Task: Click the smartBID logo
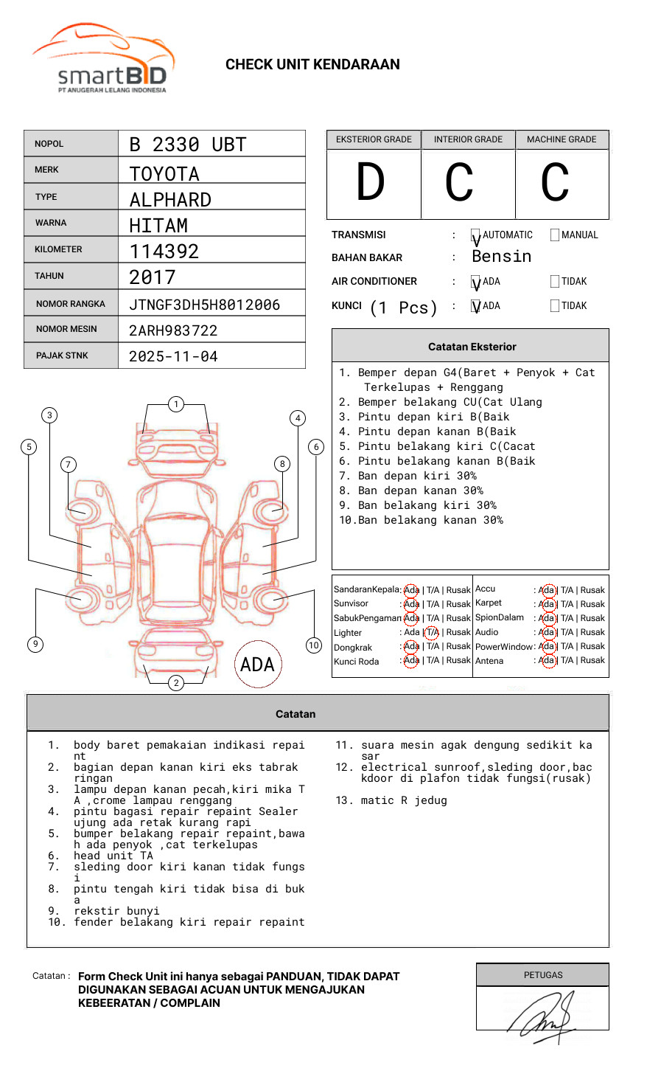point(103,60)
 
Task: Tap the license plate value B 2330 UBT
point(187,145)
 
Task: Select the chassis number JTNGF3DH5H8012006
point(204,305)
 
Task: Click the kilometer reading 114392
point(164,252)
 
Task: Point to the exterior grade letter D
point(371,183)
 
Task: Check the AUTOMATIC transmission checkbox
point(475,235)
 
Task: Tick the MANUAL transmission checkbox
point(555,235)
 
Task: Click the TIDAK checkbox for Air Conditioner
point(555,282)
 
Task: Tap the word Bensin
point(501,257)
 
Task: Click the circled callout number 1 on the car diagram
point(175,403)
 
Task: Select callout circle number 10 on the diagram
point(314,645)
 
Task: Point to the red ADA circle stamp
point(258,664)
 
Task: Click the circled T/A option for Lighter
point(432,632)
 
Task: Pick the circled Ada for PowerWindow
point(547,646)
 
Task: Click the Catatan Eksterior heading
point(472,347)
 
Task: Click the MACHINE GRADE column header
point(562,139)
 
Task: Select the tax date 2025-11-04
point(173,357)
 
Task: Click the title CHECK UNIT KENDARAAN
point(312,65)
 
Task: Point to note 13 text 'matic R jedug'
point(404,800)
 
